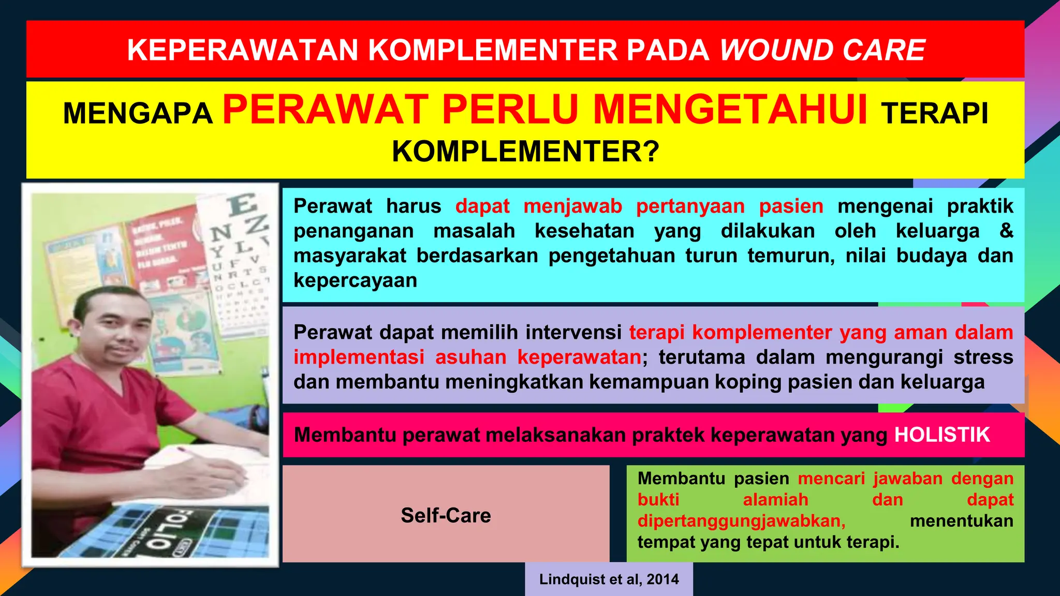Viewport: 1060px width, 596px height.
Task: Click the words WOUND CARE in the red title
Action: pyautogui.click(x=822, y=50)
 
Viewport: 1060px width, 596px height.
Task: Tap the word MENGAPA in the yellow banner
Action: pyautogui.click(x=138, y=113)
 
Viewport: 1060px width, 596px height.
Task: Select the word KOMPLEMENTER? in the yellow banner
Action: pyautogui.click(x=525, y=152)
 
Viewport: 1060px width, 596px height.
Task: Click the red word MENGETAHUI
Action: pyautogui.click(x=730, y=110)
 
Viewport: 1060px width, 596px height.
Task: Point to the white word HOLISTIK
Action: pyautogui.click(x=942, y=435)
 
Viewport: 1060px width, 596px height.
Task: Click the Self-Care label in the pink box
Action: pyautogui.click(x=446, y=515)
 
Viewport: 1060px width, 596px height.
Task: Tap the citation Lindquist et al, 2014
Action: pyautogui.click(x=609, y=579)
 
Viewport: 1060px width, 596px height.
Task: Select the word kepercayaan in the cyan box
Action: pyautogui.click(x=355, y=280)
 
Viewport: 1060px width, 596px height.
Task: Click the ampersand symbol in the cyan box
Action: pyautogui.click(x=1006, y=231)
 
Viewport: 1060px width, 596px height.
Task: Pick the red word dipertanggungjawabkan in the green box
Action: pyautogui.click(x=741, y=521)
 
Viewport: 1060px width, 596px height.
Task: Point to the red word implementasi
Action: pyautogui.click(x=359, y=357)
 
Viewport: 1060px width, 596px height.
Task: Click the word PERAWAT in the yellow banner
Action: pyautogui.click(x=326, y=110)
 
